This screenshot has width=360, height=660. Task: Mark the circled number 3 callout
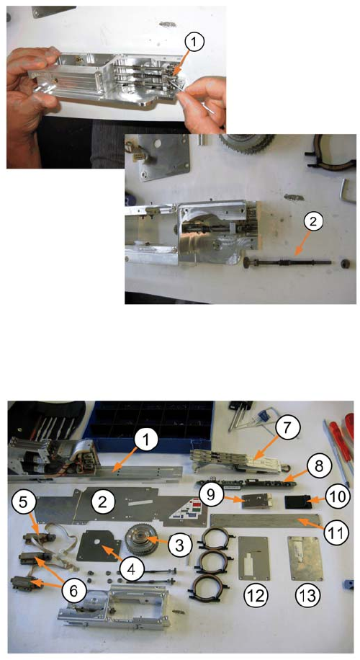[179, 545]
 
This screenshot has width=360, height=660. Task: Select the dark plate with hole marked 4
[98, 546]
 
